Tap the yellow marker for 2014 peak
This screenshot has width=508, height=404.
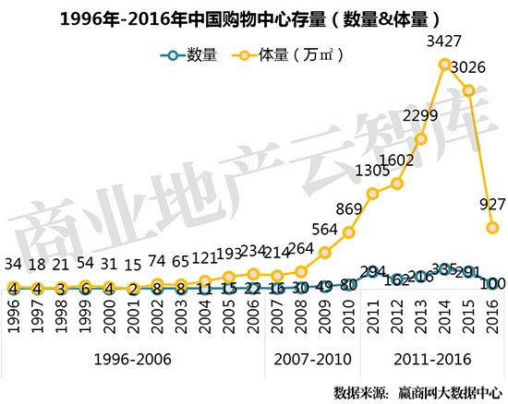[x=445, y=65]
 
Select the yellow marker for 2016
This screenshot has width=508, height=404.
[x=493, y=227]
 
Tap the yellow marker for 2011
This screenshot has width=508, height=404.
[x=373, y=194]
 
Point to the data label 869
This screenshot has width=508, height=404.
[x=349, y=208]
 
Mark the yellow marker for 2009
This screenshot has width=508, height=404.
[x=325, y=252]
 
